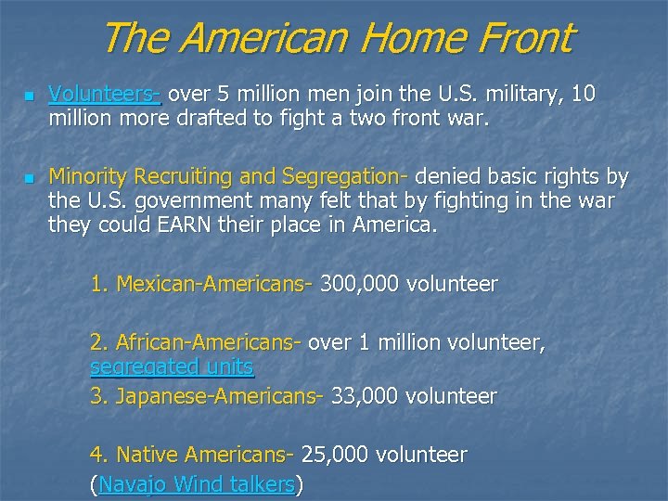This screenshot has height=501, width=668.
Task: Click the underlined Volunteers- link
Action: tap(105, 95)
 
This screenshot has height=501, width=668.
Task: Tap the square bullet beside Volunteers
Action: tap(29, 96)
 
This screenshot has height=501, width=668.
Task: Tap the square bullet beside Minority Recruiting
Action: tap(29, 177)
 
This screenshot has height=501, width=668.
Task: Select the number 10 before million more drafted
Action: tap(584, 95)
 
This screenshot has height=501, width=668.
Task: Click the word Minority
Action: tap(88, 176)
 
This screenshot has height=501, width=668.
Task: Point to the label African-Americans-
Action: tap(195, 343)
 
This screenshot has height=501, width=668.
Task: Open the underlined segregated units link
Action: tap(172, 367)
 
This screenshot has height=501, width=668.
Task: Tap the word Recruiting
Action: tap(184, 176)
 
